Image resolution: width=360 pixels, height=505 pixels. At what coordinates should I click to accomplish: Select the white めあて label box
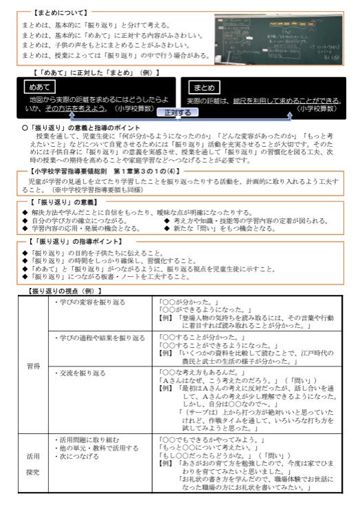(x=39, y=88)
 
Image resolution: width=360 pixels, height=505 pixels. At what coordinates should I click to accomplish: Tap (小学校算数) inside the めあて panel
(x=135, y=108)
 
